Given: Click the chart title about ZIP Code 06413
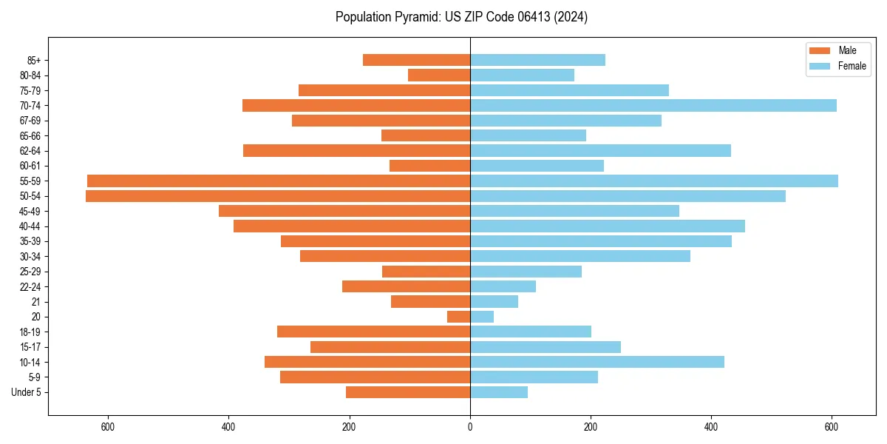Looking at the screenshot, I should (x=461, y=17).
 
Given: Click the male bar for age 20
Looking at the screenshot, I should (x=458, y=317).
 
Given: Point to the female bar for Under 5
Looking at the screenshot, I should (x=499, y=392).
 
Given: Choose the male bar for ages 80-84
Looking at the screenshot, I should (x=439, y=75).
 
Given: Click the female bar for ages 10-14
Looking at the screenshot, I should (x=597, y=362).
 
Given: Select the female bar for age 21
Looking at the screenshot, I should (x=494, y=302).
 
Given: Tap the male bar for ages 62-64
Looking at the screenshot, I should (x=356, y=151).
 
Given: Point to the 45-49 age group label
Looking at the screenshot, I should (x=30, y=212).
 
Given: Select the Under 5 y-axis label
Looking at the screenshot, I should (x=26, y=392).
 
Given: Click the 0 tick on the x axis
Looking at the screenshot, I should (x=470, y=427).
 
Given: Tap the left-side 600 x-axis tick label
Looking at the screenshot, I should (x=108, y=427).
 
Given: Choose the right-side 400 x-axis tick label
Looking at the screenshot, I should (x=711, y=427).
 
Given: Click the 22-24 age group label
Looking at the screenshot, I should (x=30, y=287).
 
